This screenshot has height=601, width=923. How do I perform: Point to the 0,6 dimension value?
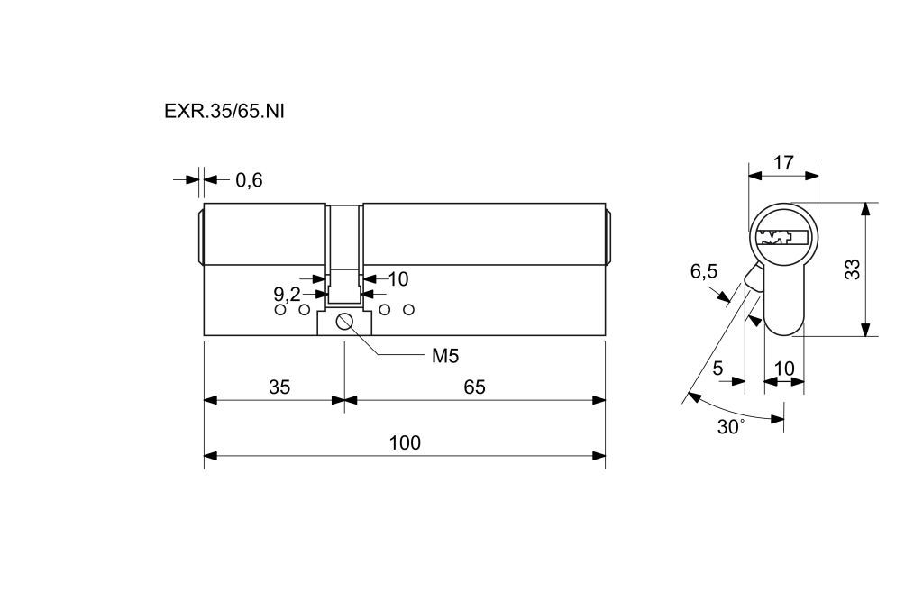[249, 180]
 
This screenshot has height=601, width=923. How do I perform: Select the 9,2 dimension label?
[287, 294]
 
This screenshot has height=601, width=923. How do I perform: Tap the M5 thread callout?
[445, 355]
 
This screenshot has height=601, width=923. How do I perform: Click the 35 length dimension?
[279, 387]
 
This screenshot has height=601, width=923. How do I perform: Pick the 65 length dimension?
[475, 387]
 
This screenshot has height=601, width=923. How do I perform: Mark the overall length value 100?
[405, 442]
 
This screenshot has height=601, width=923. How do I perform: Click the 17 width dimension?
[783, 163]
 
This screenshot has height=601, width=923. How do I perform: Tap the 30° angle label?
[730, 426]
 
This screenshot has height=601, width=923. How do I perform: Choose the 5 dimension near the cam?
[717, 368]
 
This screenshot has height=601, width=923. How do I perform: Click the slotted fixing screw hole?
[345, 323]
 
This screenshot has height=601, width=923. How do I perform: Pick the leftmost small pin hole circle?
[280, 311]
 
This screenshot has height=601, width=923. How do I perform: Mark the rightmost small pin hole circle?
[408, 311]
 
